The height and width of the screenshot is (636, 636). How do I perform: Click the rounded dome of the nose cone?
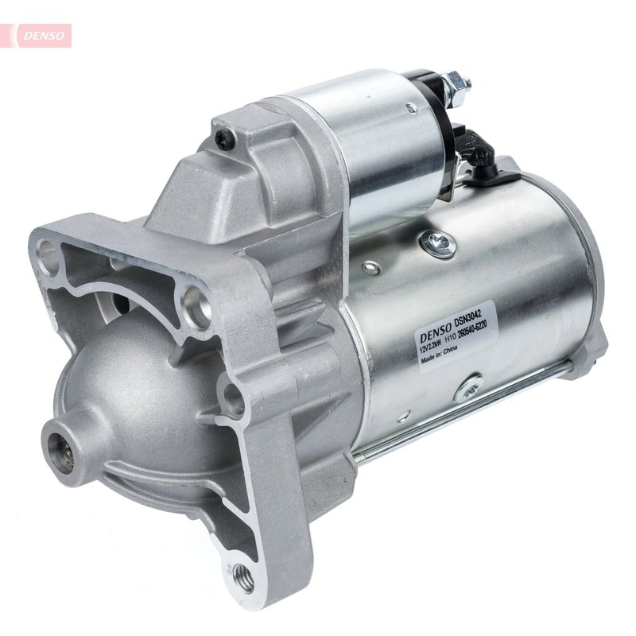click(135, 397)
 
